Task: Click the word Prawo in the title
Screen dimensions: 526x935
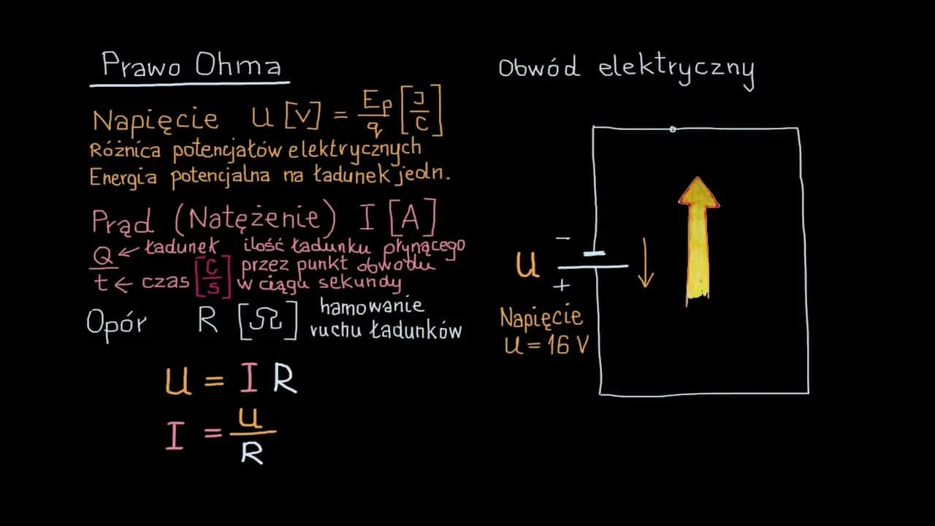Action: [143, 66]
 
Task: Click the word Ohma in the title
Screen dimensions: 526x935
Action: [238, 66]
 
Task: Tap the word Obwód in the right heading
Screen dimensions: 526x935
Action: [539, 68]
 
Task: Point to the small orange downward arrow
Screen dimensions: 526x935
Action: [645, 263]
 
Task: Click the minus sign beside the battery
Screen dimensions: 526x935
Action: [562, 238]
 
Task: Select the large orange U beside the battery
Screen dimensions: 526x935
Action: [527, 265]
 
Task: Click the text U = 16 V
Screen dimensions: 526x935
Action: [546, 345]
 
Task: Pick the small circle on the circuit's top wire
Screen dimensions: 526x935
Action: [673, 129]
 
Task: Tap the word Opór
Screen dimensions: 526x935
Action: [116, 323]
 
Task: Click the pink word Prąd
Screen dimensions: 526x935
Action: [123, 220]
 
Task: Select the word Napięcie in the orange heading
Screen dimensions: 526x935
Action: [156, 119]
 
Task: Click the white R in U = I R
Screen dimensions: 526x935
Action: [285, 381]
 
